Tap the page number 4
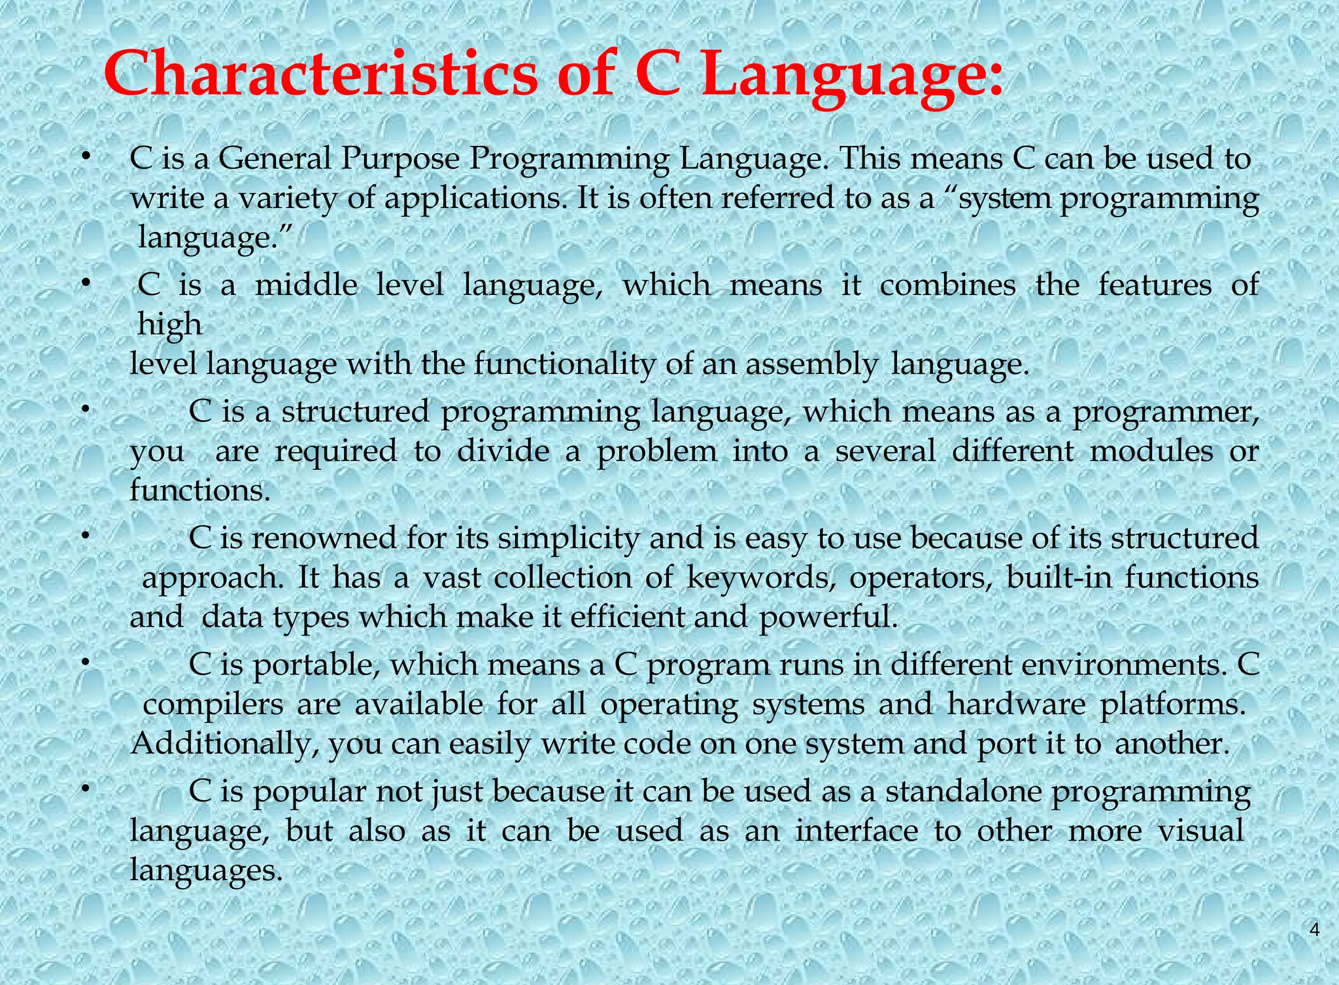[x=1315, y=931]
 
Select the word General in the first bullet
[x=275, y=159]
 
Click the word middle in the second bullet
[x=306, y=285]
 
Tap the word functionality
[x=564, y=365]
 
